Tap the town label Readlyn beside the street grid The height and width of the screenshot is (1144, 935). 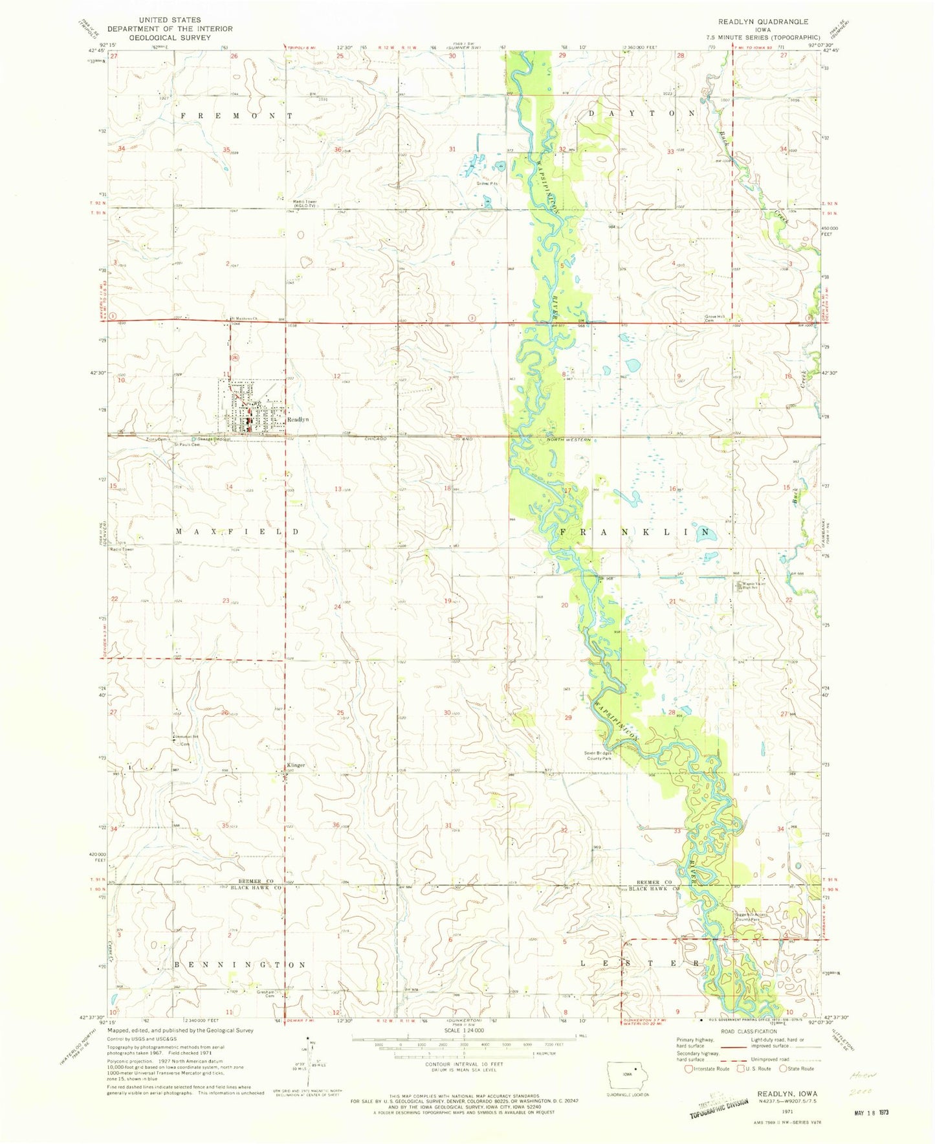click(298, 420)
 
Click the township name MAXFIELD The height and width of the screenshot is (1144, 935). click(238, 532)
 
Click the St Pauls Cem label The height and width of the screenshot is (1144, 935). click(183, 445)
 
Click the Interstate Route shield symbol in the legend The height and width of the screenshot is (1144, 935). click(688, 1087)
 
